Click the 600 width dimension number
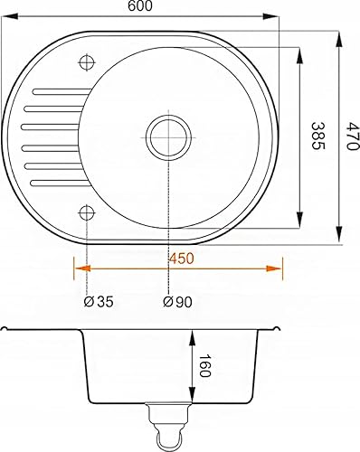(140, 6)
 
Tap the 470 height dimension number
(352, 136)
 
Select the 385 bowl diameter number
(318, 136)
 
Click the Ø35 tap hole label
(99, 302)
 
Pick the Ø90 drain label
(177, 302)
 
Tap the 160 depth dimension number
(204, 365)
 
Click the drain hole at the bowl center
(168, 137)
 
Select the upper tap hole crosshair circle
(87, 62)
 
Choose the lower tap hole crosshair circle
(87, 212)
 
